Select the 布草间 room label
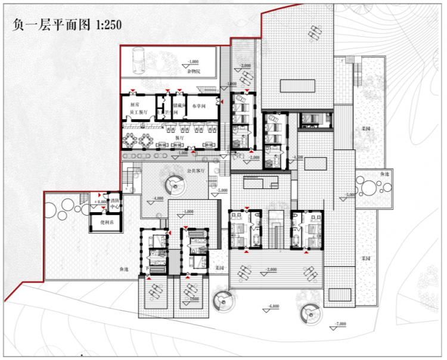[198, 106]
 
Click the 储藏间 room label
[178, 106]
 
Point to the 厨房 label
[130, 105]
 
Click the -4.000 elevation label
[159, 198]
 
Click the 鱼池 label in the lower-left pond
[123, 270]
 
